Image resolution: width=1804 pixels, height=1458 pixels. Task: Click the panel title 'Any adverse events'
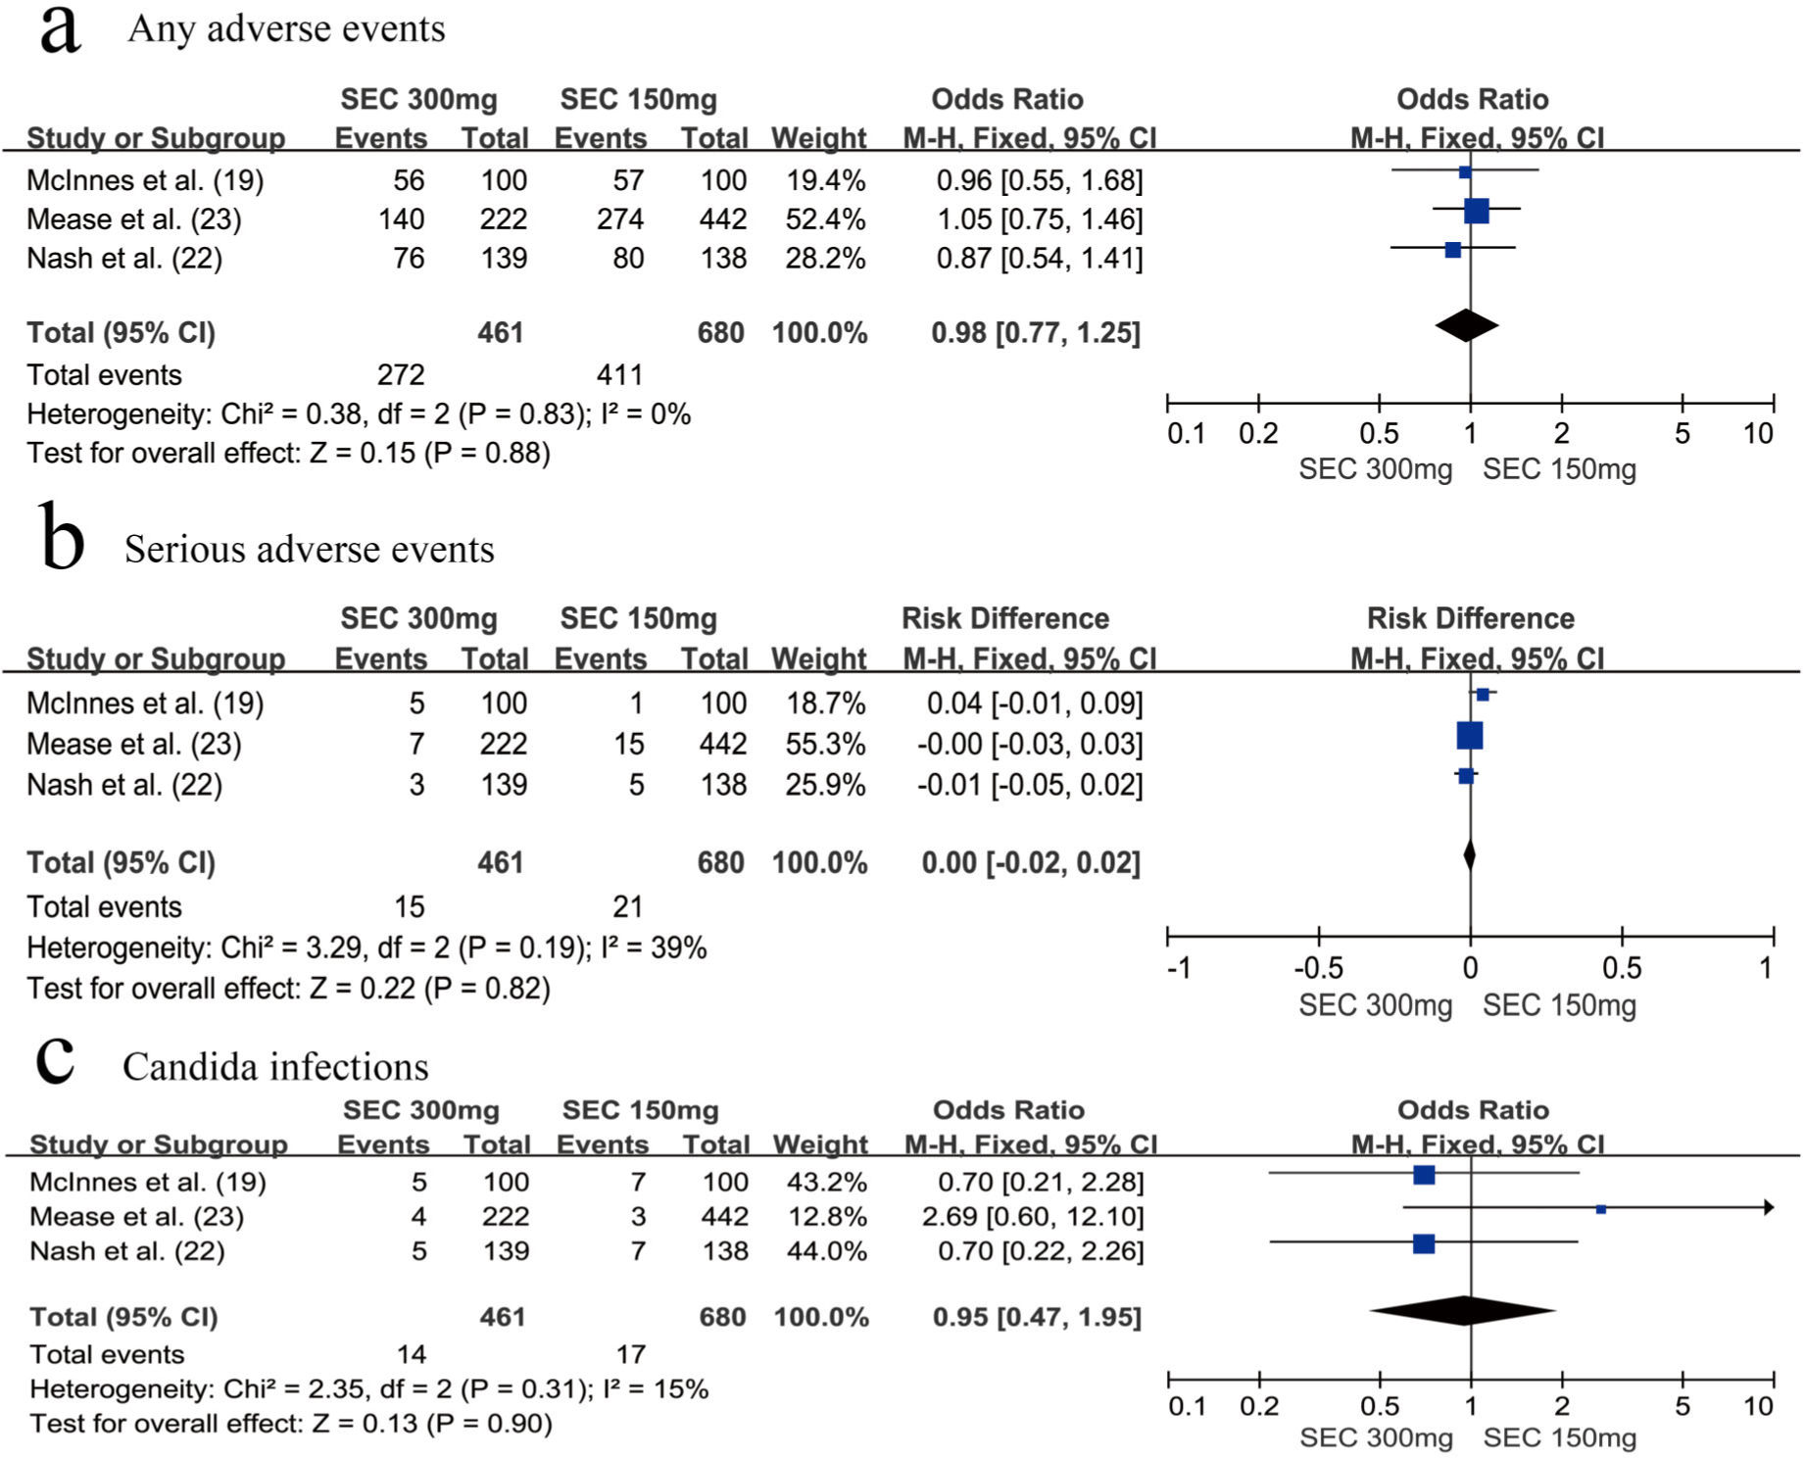pyautogui.click(x=286, y=29)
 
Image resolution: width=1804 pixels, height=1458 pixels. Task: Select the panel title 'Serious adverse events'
pyautogui.click(x=309, y=550)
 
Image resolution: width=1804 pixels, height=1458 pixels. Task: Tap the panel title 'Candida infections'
pyautogui.click(x=275, y=1067)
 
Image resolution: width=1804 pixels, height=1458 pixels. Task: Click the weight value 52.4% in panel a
pyautogui.click(x=825, y=219)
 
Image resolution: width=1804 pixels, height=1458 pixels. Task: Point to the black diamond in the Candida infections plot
pyautogui.click(x=1463, y=1310)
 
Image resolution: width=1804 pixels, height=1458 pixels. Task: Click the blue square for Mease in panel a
pyautogui.click(x=1476, y=210)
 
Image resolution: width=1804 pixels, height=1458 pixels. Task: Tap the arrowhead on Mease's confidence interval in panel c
pyautogui.click(x=1769, y=1207)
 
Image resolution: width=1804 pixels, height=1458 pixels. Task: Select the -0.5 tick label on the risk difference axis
pyautogui.click(x=1318, y=968)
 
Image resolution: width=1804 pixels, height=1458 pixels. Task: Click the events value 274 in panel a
pyautogui.click(x=620, y=219)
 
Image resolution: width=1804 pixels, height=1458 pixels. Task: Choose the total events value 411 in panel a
pyautogui.click(x=620, y=375)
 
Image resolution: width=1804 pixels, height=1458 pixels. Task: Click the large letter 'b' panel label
pyautogui.click(x=63, y=537)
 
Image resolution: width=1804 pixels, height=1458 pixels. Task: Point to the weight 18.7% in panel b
pyautogui.click(x=825, y=704)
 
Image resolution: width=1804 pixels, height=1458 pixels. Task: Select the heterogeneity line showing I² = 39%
pyautogui.click(x=366, y=948)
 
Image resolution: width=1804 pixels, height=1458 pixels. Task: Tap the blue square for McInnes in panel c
pyautogui.click(x=1424, y=1174)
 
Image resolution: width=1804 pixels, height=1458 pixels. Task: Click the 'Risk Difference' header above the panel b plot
pyautogui.click(x=1470, y=619)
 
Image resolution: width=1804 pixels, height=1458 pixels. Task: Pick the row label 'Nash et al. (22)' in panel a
pyautogui.click(x=124, y=259)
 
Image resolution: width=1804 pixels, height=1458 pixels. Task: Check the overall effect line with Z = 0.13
pyautogui.click(x=291, y=1424)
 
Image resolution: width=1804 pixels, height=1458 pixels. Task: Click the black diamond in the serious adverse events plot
pyautogui.click(x=1469, y=855)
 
